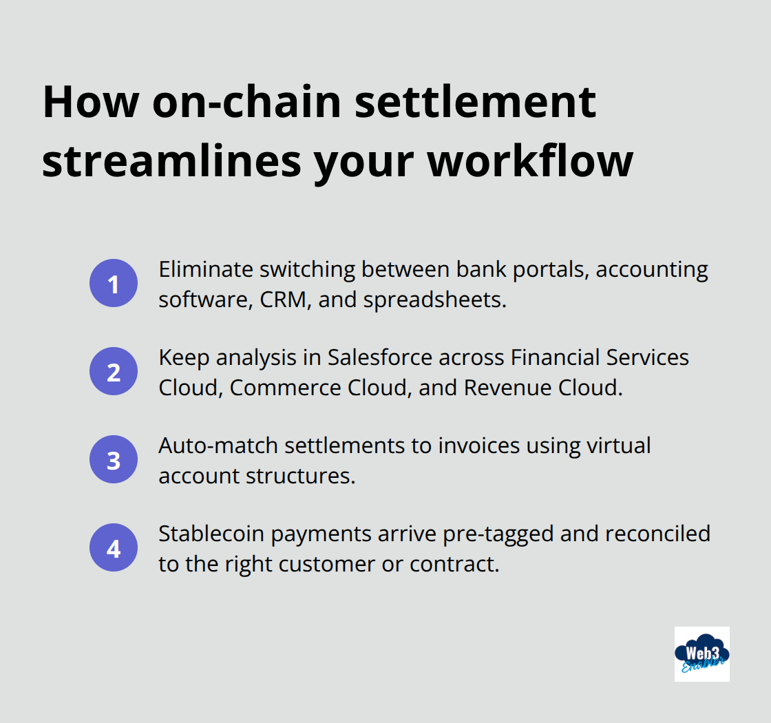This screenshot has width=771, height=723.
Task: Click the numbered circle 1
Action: pos(114,284)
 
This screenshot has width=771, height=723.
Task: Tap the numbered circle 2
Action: pos(114,372)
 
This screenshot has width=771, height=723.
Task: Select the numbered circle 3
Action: pos(114,460)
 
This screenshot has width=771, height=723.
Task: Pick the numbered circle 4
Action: pos(114,548)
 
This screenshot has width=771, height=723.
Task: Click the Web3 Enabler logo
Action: pos(701,653)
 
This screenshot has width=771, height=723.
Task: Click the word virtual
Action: pos(617,446)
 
